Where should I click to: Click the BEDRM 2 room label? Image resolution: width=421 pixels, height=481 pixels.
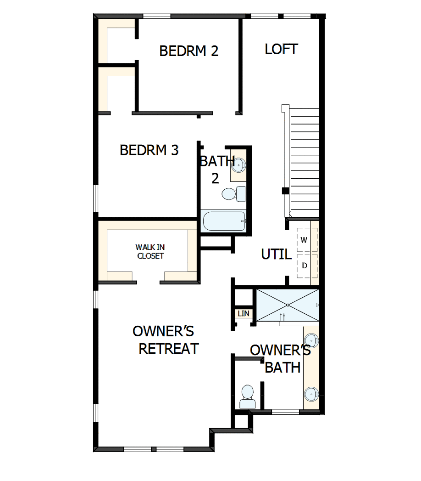click(x=188, y=51)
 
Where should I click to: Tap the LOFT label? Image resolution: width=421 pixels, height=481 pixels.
click(x=281, y=49)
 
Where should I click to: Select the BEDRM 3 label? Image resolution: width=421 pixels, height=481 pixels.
click(x=149, y=150)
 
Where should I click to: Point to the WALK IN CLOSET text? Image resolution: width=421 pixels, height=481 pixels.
click(x=150, y=252)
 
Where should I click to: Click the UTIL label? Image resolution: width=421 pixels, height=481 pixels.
click(x=276, y=254)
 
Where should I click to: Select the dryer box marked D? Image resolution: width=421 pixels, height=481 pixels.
click(x=304, y=266)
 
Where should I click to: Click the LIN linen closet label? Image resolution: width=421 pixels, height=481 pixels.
click(x=243, y=314)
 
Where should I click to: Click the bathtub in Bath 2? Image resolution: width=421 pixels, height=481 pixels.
click(x=224, y=221)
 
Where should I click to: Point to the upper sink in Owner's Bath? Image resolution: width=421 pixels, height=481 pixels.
click(x=311, y=341)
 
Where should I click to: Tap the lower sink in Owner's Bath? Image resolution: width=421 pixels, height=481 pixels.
click(x=311, y=394)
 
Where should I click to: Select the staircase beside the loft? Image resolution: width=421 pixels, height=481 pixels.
click(x=304, y=161)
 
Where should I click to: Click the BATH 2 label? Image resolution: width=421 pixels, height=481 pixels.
click(x=216, y=170)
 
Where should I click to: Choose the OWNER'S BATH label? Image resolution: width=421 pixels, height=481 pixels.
click(x=281, y=359)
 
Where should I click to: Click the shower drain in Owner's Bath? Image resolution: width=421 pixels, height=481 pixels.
click(x=288, y=305)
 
